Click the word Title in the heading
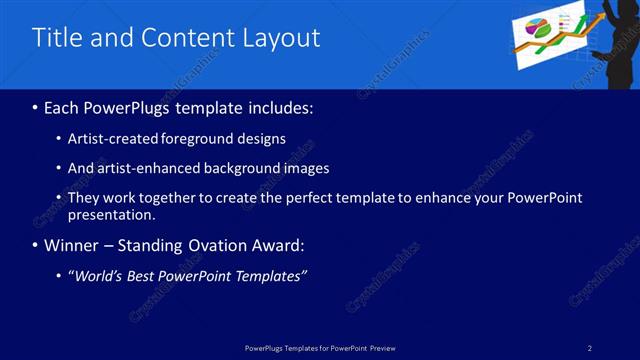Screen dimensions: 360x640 59,38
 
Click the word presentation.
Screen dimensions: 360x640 111,215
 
